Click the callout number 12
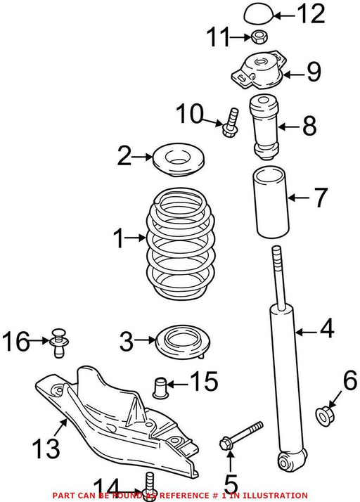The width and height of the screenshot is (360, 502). click(311, 14)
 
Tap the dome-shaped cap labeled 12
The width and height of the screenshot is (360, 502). click(259, 14)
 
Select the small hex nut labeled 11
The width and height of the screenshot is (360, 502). click(259, 37)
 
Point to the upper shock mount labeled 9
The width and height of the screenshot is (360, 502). click(258, 70)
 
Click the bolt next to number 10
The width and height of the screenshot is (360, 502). click(231, 122)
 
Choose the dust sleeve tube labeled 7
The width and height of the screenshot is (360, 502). click(271, 202)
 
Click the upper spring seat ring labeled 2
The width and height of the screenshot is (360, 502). click(178, 160)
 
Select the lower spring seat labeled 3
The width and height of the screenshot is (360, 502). click(182, 342)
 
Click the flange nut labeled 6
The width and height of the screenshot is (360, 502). click(324, 416)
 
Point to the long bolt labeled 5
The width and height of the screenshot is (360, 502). click(241, 435)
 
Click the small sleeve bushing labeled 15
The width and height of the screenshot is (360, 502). click(160, 388)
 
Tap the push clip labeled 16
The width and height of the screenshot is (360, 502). click(58, 342)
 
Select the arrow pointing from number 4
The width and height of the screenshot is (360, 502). click(307, 333)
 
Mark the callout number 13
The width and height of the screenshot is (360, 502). click(46, 449)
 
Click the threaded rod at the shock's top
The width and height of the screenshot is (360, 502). click(278, 277)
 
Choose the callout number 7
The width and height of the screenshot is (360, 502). click(321, 198)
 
